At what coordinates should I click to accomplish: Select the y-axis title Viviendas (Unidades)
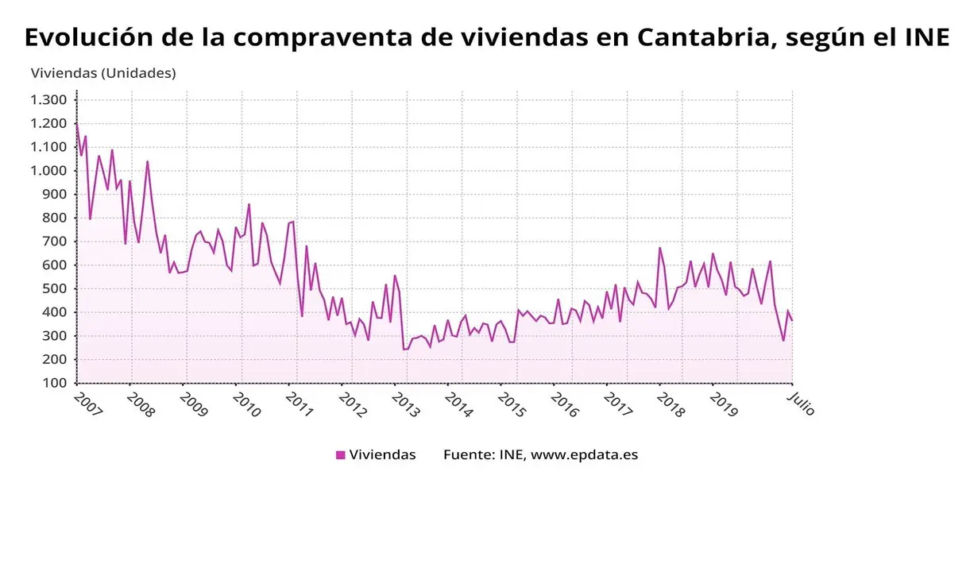coord(103,73)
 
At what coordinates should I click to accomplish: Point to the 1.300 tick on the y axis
coord(48,100)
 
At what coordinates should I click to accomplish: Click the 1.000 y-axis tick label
coord(48,171)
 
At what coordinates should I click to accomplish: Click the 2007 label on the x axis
coord(88,404)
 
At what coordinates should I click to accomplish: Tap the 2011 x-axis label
coord(300,404)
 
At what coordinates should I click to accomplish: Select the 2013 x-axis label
coord(405,404)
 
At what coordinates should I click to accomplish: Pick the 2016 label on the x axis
coord(564,404)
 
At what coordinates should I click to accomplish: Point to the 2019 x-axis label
coord(724,404)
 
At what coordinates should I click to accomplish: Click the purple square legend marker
coord(341,455)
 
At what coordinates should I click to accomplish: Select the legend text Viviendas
coord(382,455)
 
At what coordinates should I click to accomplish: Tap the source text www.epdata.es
coord(584,455)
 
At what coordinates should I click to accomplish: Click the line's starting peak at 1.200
coord(77,124)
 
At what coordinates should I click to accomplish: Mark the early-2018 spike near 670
coord(659,248)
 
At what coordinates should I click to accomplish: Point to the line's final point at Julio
coord(792,320)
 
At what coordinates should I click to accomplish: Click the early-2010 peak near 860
coord(249,204)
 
